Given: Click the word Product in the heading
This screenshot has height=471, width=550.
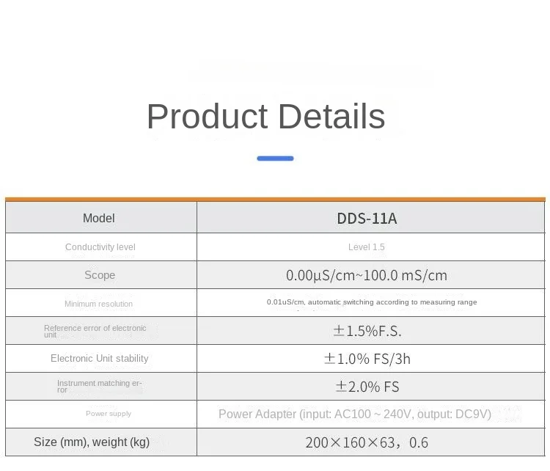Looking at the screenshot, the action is [x=208, y=116].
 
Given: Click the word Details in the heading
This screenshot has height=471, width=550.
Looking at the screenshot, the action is [x=331, y=116].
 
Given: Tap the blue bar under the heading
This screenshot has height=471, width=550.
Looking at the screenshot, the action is [x=275, y=158].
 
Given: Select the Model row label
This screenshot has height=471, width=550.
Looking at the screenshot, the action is [x=99, y=218].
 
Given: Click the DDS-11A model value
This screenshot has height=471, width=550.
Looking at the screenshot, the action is [x=367, y=219].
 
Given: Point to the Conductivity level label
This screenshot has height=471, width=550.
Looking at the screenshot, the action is [x=100, y=247].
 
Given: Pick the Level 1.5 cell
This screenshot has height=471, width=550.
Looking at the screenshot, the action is [x=367, y=247].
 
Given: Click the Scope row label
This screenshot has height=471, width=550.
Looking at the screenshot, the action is [x=100, y=275].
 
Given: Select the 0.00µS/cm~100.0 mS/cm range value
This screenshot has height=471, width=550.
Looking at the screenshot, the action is [x=367, y=275].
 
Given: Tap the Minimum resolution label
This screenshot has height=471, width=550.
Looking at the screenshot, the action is [x=98, y=304].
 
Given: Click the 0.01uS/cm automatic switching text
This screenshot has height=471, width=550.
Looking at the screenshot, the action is [x=372, y=302].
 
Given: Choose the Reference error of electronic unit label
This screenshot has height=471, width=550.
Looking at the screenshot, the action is [x=95, y=331].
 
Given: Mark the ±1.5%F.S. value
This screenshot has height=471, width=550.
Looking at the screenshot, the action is [x=367, y=331].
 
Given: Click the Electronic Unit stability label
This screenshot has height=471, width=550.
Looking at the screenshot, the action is [x=100, y=358].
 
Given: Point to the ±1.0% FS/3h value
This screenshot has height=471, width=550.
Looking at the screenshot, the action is [x=367, y=359].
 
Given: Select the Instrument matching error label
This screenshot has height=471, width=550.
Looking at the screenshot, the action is [x=100, y=386].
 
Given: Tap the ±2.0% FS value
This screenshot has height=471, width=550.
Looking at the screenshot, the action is [x=367, y=387].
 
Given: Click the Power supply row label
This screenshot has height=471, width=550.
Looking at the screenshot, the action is [x=109, y=414].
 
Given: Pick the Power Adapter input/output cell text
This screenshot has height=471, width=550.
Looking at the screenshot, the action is [x=355, y=415].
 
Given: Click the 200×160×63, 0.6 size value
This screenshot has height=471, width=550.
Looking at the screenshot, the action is [x=367, y=442].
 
